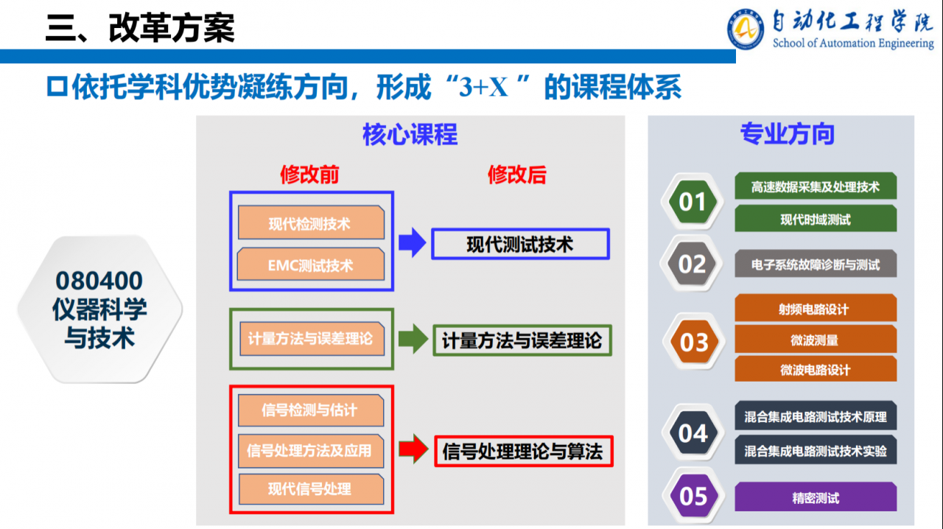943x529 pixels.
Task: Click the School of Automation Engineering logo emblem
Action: pos(746,29)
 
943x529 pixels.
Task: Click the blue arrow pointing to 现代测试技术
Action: pos(413,244)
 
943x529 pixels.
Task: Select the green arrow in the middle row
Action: pos(413,339)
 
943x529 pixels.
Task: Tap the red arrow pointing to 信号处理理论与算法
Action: pos(413,449)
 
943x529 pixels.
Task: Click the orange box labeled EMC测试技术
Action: pos(311,264)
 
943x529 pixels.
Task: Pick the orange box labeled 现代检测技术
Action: pos(311,223)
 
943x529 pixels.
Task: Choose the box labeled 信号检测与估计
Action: pos(311,410)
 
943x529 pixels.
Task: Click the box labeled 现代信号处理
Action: pos(311,488)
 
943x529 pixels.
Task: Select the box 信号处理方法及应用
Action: pos(311,449)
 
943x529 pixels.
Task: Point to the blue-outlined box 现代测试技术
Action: pos(520,244)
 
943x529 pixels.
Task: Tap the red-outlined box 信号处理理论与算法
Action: pos(523,451)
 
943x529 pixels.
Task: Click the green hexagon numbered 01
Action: pos(693,202)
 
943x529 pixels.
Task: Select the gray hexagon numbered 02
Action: pos(693,264)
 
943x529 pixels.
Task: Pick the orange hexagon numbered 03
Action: pos(693,342)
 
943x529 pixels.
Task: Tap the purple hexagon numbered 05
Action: pos(693,496)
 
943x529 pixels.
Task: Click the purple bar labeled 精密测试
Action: pos(816,497)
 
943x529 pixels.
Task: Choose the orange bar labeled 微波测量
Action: pos(816,340)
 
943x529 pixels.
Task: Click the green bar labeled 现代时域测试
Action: pos(816,219)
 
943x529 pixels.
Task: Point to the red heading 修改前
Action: pos(309,175)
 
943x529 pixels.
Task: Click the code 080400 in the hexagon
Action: pos(99,281)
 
